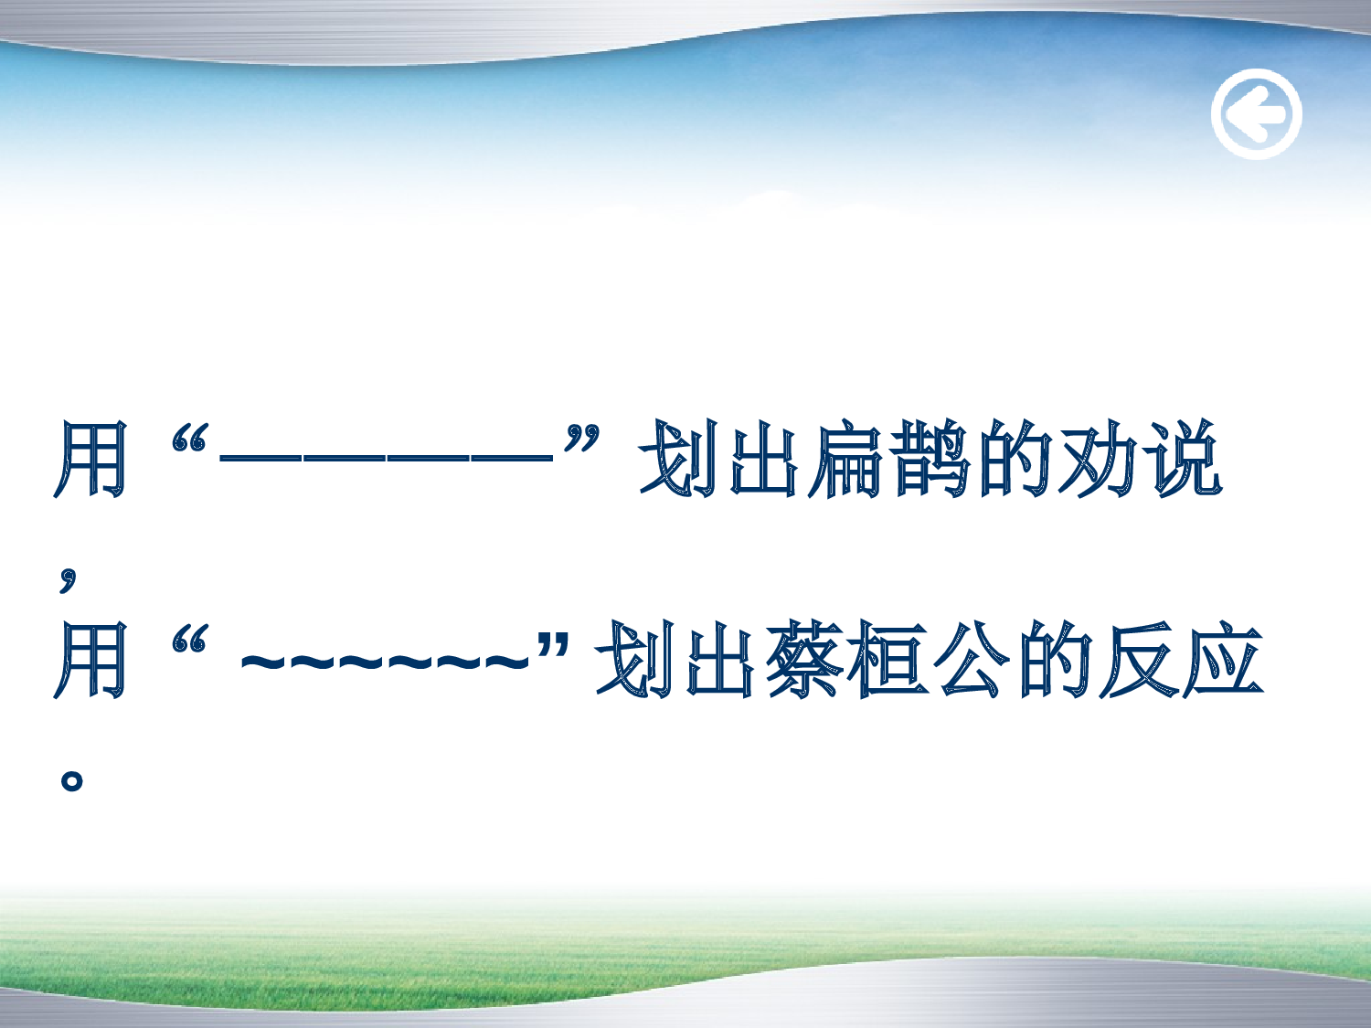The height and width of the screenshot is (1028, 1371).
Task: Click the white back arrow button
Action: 1256,114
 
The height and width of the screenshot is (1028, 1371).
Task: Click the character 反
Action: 1139,660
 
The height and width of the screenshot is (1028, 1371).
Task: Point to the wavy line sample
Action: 385,660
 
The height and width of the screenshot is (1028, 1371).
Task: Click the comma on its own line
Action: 68,578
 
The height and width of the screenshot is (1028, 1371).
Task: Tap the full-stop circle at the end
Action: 71,779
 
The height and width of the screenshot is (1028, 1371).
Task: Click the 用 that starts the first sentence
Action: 90,460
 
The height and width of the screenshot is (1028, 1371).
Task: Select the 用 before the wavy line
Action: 90,660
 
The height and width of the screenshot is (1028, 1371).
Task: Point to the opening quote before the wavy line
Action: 190,641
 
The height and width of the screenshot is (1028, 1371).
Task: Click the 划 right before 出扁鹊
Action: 677,460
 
